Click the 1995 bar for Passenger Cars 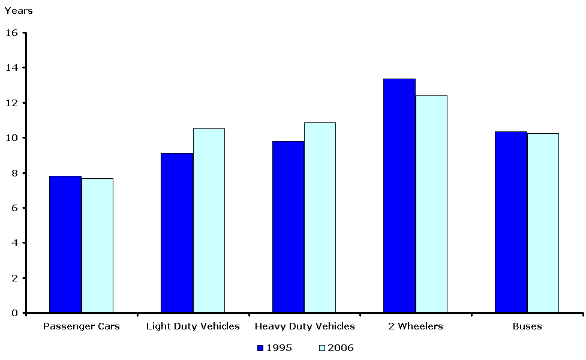[x=65, y=244]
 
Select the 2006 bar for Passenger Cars [x=97, y=245]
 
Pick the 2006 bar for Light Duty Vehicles [x=209, y=221]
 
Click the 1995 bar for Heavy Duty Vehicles [x=288, y=227]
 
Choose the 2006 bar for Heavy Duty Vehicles [x=320, y=218]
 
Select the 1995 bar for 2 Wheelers [x=399, y=196]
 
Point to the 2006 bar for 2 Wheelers [x=431, y=204]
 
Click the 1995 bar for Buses [x=511, y=222]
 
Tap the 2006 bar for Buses [x=543, y=223]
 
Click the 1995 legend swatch [x=260, y=347]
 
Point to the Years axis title [x=19, y=11]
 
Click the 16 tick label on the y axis [x=12, y=32]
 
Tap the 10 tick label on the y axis [x=12, y=138]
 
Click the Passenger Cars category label [x=82, y=326]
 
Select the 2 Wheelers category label [x=416, y=326]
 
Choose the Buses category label [x=527, y=326]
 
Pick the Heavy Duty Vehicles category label [x=305, y=326]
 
